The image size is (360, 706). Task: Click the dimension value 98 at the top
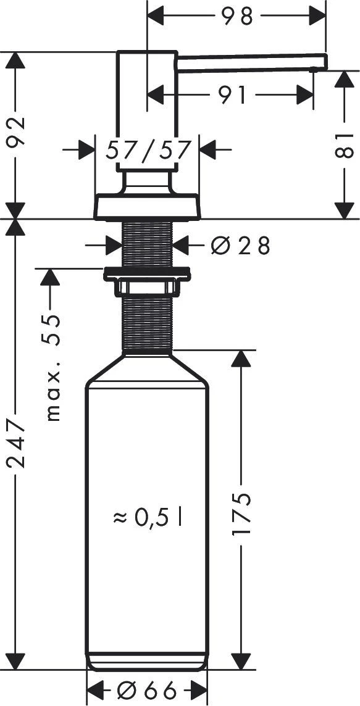238,17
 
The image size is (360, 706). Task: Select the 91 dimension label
232,95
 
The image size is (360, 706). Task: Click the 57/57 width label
148,150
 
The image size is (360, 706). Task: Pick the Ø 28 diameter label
240,246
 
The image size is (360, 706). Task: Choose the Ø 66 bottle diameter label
148,689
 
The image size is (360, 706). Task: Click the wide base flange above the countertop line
147,207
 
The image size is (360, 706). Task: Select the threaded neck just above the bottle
147,324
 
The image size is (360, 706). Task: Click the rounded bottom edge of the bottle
147,665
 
